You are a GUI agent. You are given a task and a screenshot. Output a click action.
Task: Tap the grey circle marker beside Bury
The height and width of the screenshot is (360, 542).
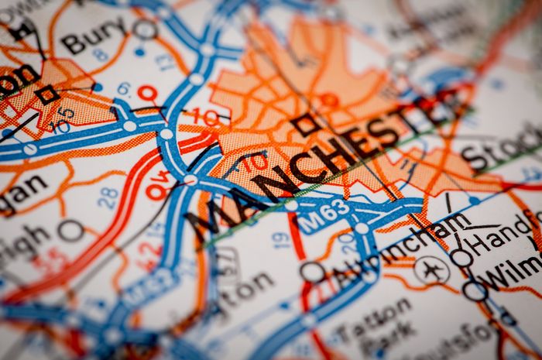(144, 29)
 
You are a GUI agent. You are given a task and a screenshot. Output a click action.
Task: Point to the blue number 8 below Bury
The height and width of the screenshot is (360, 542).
(100, 55)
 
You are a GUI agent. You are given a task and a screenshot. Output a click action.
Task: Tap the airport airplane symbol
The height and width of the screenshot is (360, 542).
(431, 269)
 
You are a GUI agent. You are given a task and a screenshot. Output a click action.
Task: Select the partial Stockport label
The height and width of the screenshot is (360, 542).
(499, 151)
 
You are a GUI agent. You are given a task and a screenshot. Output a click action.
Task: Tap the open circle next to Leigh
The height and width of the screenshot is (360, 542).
(70, 229)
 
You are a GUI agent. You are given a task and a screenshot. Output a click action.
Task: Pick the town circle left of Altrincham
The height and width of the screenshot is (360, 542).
(312, 272)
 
